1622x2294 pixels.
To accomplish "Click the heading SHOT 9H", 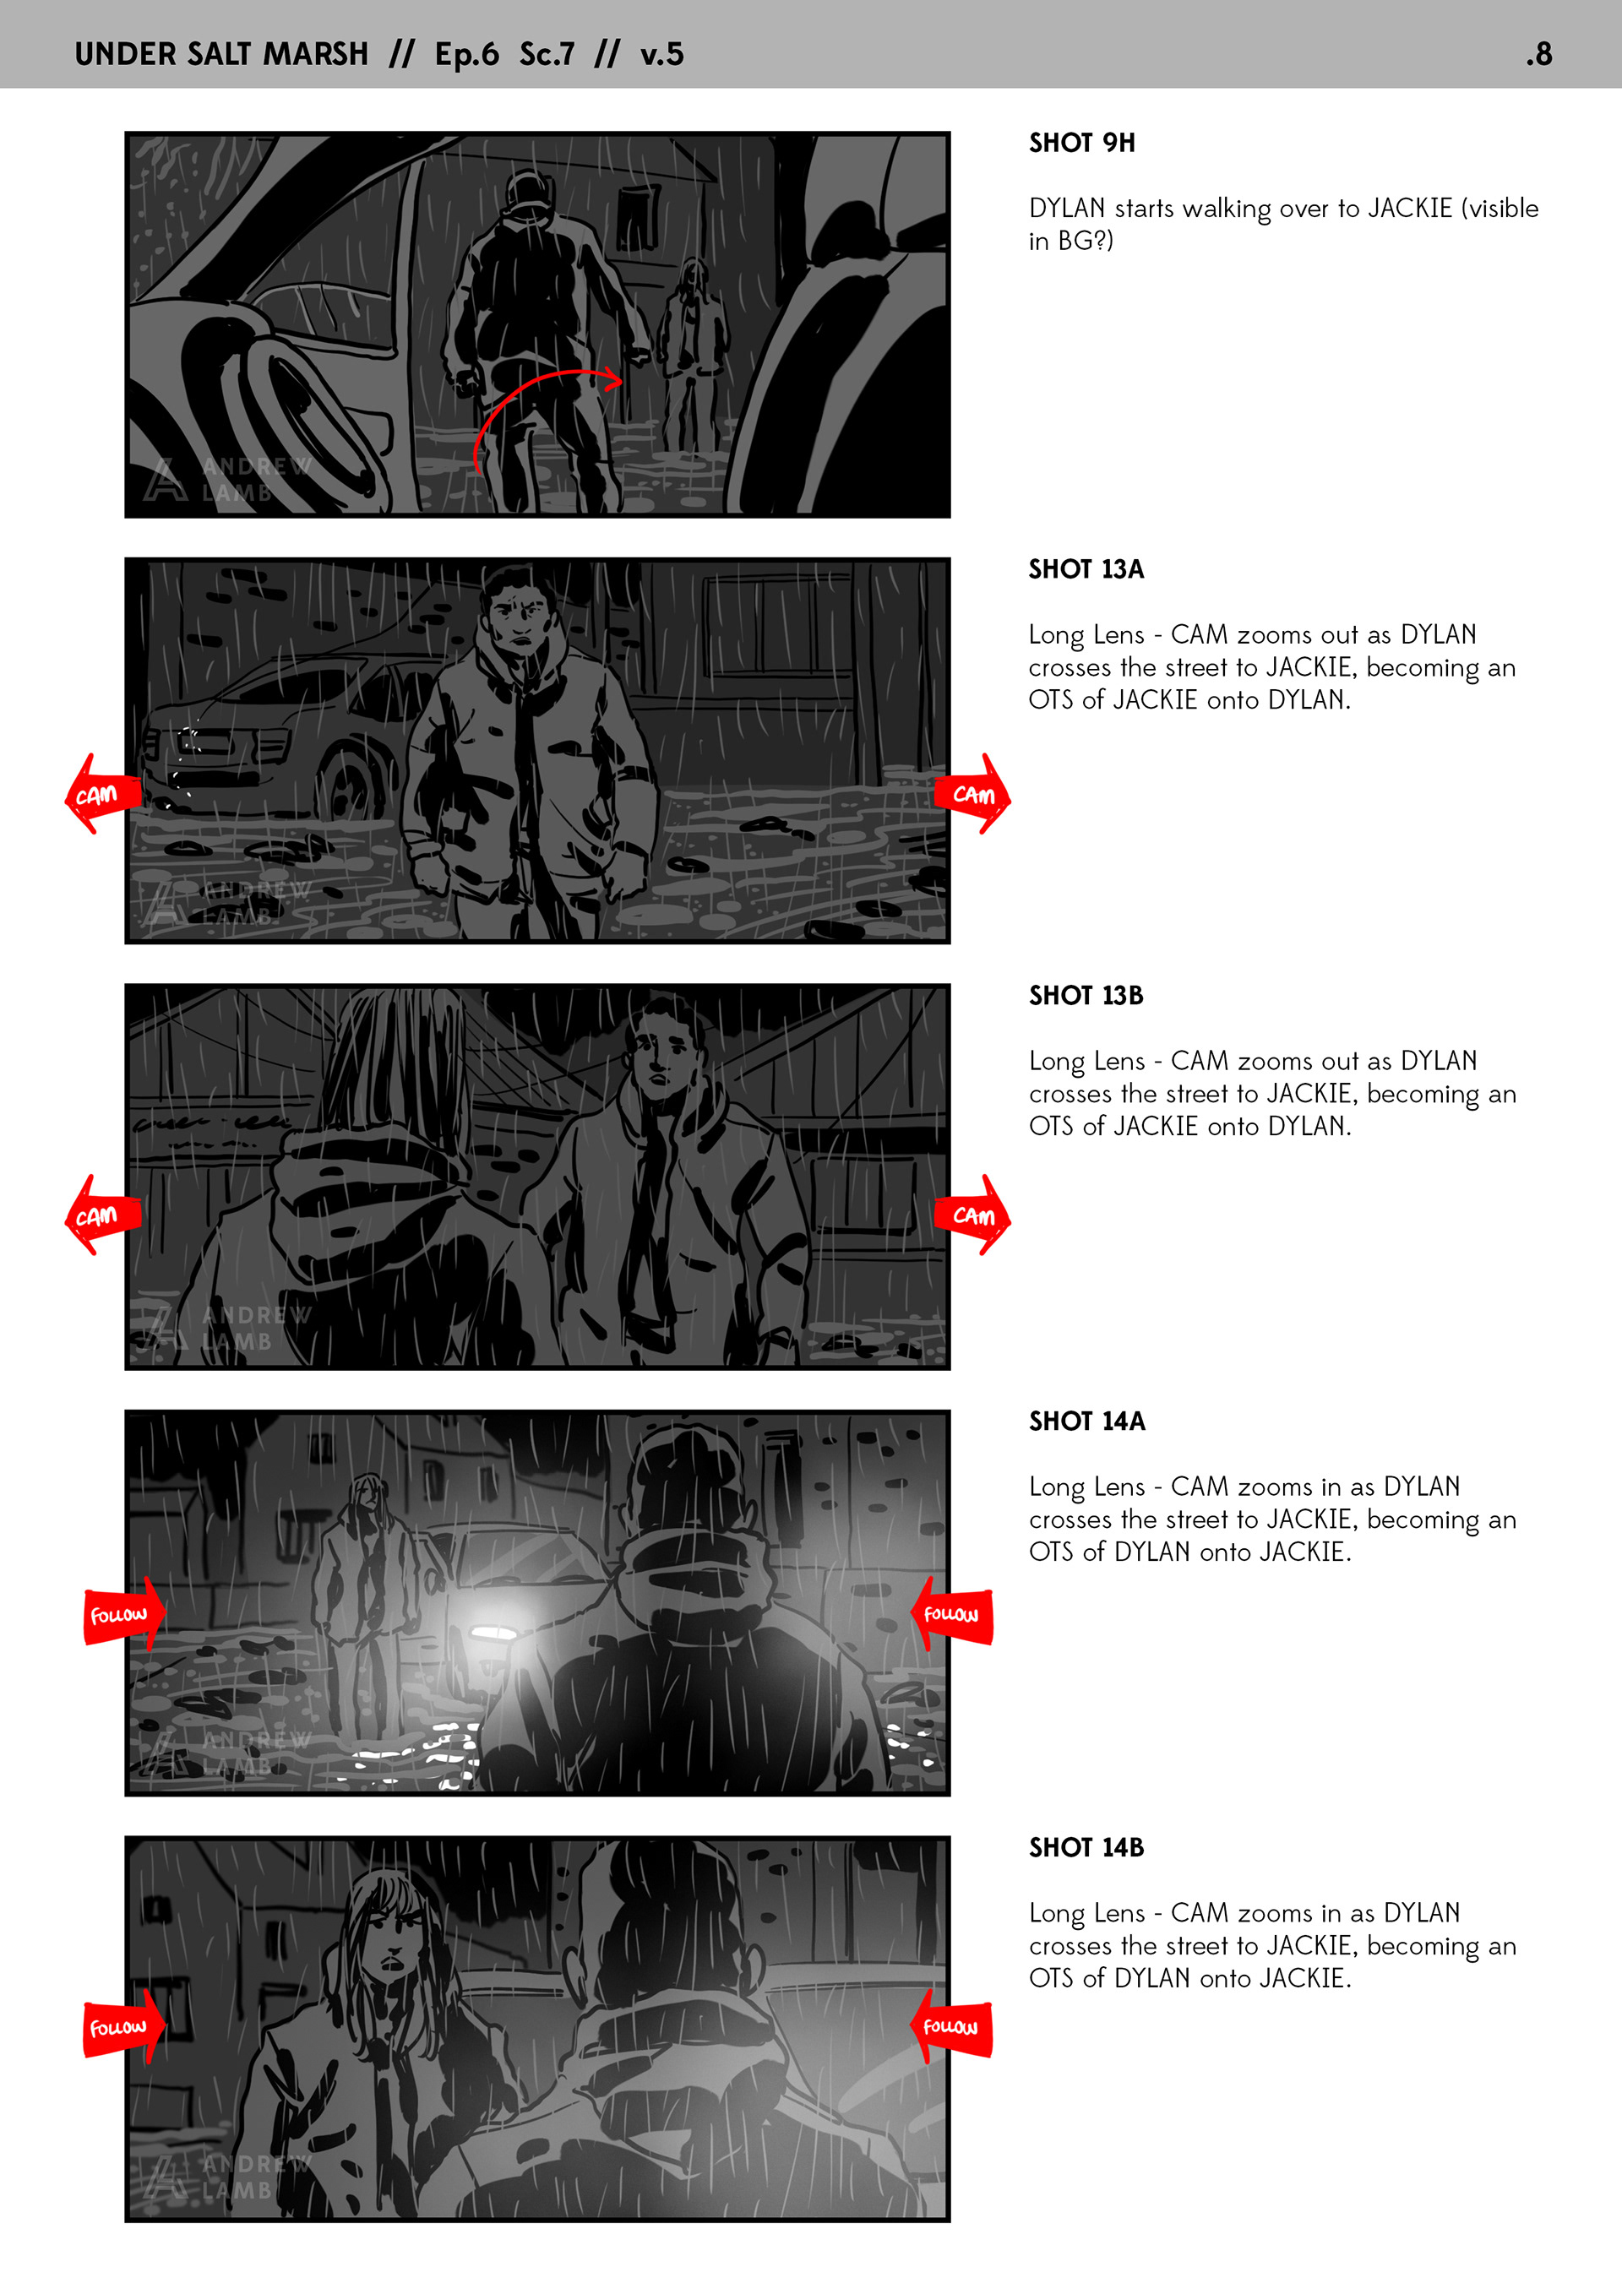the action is (1081, 143).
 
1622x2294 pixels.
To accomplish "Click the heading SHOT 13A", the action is (1086, 569).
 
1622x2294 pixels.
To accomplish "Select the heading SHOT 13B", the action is (1086, 995).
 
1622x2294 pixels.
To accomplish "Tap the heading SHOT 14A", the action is (1086, 1421).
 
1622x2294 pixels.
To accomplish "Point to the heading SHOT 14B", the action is (1086, 1847).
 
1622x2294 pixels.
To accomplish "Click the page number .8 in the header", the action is (1539, 54).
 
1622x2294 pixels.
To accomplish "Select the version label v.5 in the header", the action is (661, 54).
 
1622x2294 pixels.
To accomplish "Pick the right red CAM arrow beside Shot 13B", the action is (972, 1215).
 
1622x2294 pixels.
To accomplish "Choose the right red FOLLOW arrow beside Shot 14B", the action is (951, 2026).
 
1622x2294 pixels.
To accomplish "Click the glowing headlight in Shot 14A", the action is (493, 1633).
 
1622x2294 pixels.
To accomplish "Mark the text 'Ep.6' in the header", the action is (466, 54).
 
